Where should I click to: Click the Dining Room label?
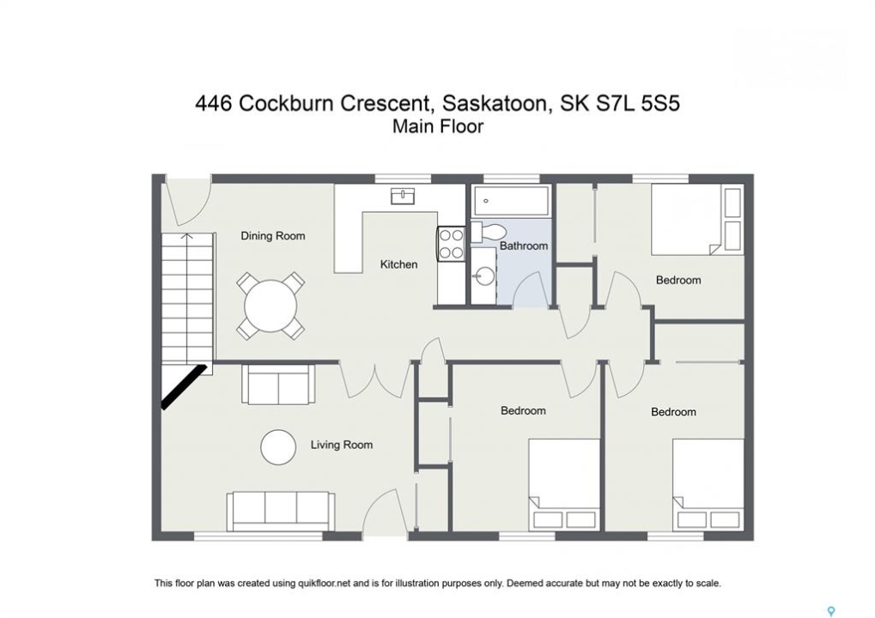tap(273, 236)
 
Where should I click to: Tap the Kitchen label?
tap(398, 264)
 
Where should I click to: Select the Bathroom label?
tap(524, 246)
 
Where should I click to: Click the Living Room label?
tap(342, 445)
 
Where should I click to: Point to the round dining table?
tap(270, 306)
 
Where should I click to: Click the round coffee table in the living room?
tap(278, 447)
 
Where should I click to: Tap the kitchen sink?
tap(403, 197)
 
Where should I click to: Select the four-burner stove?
tap(452, 244)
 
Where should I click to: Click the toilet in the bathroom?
tap(488, 232)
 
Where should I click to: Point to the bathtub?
tap(511, 201)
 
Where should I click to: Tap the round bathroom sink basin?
tap(483, 276)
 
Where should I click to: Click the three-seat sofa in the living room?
tap(281, 512)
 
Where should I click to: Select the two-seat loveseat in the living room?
tap(278, 385)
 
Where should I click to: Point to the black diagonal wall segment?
tap(184, 386)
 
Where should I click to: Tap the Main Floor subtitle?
tap(438, 127)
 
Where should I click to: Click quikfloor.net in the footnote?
tap(323, 584)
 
